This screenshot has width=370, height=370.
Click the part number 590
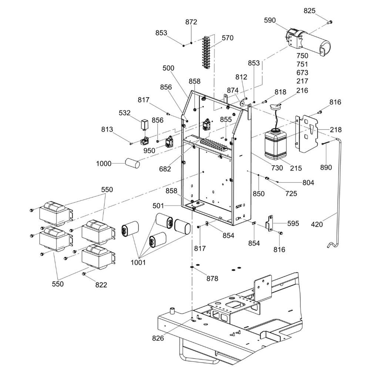tap(270, 20)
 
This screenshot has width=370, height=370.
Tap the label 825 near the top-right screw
tap(310, 11)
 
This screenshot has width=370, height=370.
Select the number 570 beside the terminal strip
tap(228, 38)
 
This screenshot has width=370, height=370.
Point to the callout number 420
tap(317, 224)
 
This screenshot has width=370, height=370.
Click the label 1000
tap(104, 164)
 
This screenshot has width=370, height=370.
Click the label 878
tap(212, 279)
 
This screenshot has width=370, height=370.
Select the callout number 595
tap(293, 223)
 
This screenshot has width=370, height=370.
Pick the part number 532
tap(124, 113)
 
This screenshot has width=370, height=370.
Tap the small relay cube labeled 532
tap(144, 124)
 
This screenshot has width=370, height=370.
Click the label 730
tap(277, 168)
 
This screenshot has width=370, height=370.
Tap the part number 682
tap(165, 169)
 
